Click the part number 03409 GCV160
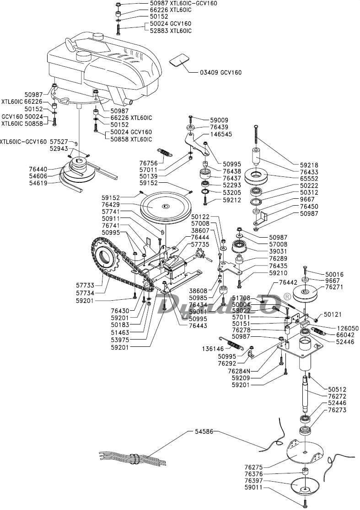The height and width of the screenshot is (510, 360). pos(220,72)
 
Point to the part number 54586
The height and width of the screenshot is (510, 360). pos(204,431)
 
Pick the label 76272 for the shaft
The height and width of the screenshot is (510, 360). pos(337,396)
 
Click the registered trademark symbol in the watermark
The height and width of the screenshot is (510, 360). pos(287,296)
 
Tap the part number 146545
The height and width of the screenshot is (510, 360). pos(221,134)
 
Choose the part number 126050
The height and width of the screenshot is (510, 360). pos(347,328)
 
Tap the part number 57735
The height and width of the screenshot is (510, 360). pos(200,244)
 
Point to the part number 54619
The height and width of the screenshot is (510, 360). pos(38,183)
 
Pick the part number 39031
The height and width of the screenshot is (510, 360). pos(278,251)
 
